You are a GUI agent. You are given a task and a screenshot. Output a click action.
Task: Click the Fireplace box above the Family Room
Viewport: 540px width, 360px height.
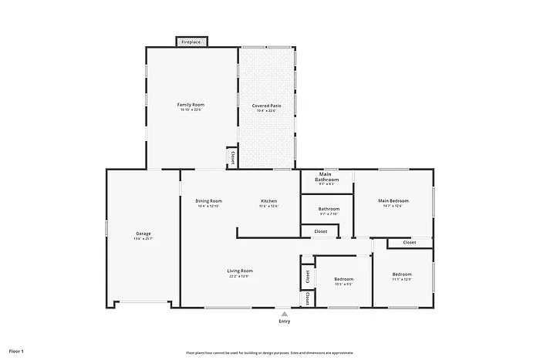(x=191, y=42)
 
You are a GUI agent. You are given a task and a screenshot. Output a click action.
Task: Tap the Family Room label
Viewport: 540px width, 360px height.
(x=191, y=105)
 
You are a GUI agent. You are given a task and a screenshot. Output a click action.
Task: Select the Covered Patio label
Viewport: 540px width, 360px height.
(x=266, y=105)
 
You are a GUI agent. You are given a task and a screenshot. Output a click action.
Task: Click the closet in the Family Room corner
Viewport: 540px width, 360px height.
(x=231, y=157)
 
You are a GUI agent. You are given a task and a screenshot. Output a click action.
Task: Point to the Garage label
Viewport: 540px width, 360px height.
(x=143, y=234)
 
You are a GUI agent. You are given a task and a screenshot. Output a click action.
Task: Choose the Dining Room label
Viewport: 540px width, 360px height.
(x=208, y=201)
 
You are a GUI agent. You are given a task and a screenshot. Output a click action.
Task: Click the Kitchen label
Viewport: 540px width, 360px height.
(x=268, y=201)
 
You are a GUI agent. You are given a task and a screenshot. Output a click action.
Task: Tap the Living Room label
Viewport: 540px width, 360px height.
(x=240, y=271)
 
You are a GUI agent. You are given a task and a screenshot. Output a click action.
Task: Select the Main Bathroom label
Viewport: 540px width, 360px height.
(x=326, y=177)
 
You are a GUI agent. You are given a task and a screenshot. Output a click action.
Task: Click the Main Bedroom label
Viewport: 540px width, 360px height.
(x=393, y=201)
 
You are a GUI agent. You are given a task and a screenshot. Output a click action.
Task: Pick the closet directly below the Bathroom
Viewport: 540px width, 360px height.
(x=319, y=231)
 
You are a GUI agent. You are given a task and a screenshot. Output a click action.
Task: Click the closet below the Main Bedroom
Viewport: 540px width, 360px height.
(x=409, y=243)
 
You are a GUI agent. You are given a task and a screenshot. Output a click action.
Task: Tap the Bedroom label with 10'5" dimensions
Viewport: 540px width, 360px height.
(x=343, y=279)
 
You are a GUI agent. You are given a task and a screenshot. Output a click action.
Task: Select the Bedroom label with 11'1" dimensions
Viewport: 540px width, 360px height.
(x=401, y=274)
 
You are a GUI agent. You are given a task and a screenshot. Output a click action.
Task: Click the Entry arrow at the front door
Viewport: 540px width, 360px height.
(x=285, y=314)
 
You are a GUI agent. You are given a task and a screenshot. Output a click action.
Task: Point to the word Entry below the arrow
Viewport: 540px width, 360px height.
(x=285, y=322)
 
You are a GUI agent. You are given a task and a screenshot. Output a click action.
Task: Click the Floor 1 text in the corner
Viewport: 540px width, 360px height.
(x=16, y=351)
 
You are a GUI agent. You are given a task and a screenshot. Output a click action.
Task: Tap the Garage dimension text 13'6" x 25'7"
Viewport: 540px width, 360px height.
(x=143, y=239)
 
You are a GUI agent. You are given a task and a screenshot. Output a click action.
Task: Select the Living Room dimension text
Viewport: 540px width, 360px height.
(x=240, y=276)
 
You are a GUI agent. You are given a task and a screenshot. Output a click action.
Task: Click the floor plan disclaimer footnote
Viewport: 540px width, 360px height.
(x=270, y=352)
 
